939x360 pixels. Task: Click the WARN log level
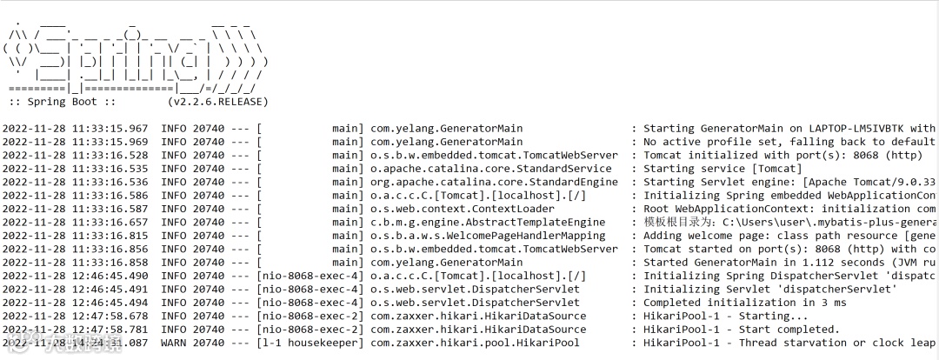pyautogui.click(x=174, y=343)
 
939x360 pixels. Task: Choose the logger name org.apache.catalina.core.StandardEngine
pyautogui.click(x=495, y=182)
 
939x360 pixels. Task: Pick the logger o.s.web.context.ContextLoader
pyautogui.click(x=463, y=209)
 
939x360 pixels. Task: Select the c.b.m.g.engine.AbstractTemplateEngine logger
pyautogui.click(x=488, y=223)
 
